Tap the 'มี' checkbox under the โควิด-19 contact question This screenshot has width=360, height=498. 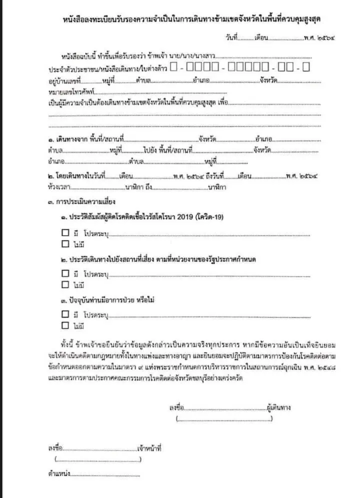click(64, 233)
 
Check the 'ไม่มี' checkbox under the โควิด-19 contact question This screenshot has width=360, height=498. click(64, 244)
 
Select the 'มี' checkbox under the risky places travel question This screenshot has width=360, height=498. click(64, 273)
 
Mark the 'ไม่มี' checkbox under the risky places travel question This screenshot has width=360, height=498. click(64, 285)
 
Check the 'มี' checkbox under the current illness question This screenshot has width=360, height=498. click(64, 314)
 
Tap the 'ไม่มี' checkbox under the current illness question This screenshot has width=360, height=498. click(64, 326)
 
